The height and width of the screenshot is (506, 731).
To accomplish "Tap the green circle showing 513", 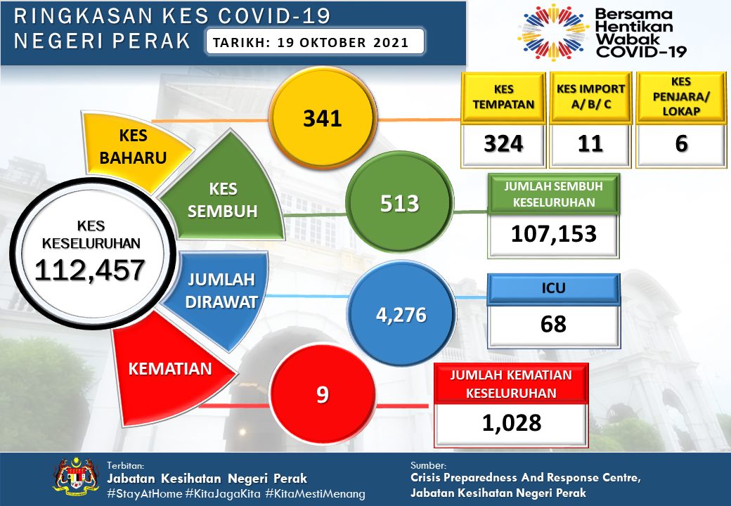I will coord(399,204).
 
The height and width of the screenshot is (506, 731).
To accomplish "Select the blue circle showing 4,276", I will coord(401,314).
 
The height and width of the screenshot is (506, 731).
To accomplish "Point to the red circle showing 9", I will coord(322,394).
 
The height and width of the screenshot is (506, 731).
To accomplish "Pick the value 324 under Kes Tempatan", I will coord(503,144).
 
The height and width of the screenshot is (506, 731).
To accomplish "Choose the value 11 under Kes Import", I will coord(590,144).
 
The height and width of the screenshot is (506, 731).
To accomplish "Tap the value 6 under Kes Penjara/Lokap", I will coord(680,144).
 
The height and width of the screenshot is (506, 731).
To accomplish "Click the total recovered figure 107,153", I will coord(555,233).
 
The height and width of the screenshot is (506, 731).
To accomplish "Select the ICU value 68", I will coord(555,324).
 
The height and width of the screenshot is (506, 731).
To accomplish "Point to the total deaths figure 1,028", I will coord(511,422).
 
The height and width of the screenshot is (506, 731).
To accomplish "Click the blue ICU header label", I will coord(555,287).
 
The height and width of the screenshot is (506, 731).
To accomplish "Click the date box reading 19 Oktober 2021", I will coord(316,42).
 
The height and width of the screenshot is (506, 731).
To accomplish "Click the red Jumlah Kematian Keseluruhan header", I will coord(510,384).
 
